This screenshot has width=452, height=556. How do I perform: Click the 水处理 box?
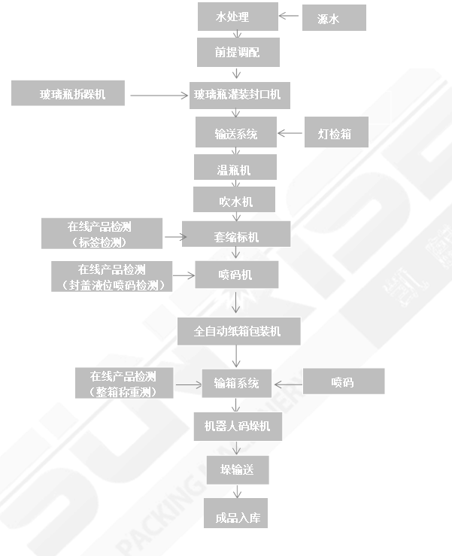click(x=238, y=17)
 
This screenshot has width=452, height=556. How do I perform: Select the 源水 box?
click(x=333, y=19)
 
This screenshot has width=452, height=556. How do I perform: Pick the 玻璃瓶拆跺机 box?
click(x=68, y=94)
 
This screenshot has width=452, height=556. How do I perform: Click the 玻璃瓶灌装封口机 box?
click(x=238, y=95)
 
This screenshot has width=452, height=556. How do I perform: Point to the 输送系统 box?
click(x=236, y=134)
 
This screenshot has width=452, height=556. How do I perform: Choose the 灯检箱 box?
click(x=329, y=134)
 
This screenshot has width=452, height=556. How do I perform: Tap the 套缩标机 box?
click(x=237, y=236)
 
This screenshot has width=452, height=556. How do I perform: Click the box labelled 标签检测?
click(x=102, y=234)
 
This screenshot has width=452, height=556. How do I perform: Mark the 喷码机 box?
click(x=237, y=275)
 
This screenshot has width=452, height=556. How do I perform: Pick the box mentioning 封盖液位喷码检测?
click(x=111, y=276)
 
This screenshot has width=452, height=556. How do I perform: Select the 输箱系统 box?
click(x=237, y=383)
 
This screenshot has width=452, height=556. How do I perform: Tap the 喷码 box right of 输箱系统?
click(x=342, y=381)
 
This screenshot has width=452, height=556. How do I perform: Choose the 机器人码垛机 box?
click(x=238, y=427)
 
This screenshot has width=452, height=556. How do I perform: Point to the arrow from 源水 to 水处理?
click(x=289, y=15)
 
